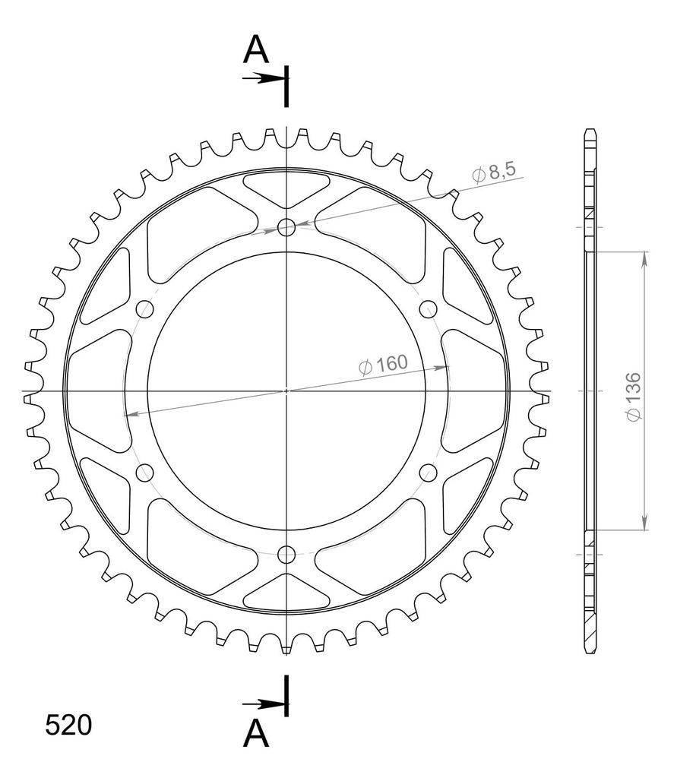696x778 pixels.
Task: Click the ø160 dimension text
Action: click(x=382, y=365)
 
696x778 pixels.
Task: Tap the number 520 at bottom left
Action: click(x=68, y=726)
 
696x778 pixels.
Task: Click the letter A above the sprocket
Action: click(x=255, y=50)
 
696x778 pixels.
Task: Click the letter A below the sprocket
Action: click(x=255, y=734)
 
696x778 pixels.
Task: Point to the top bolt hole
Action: click(x=286, y=228)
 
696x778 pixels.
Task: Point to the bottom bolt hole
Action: click(x=286, y=554)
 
